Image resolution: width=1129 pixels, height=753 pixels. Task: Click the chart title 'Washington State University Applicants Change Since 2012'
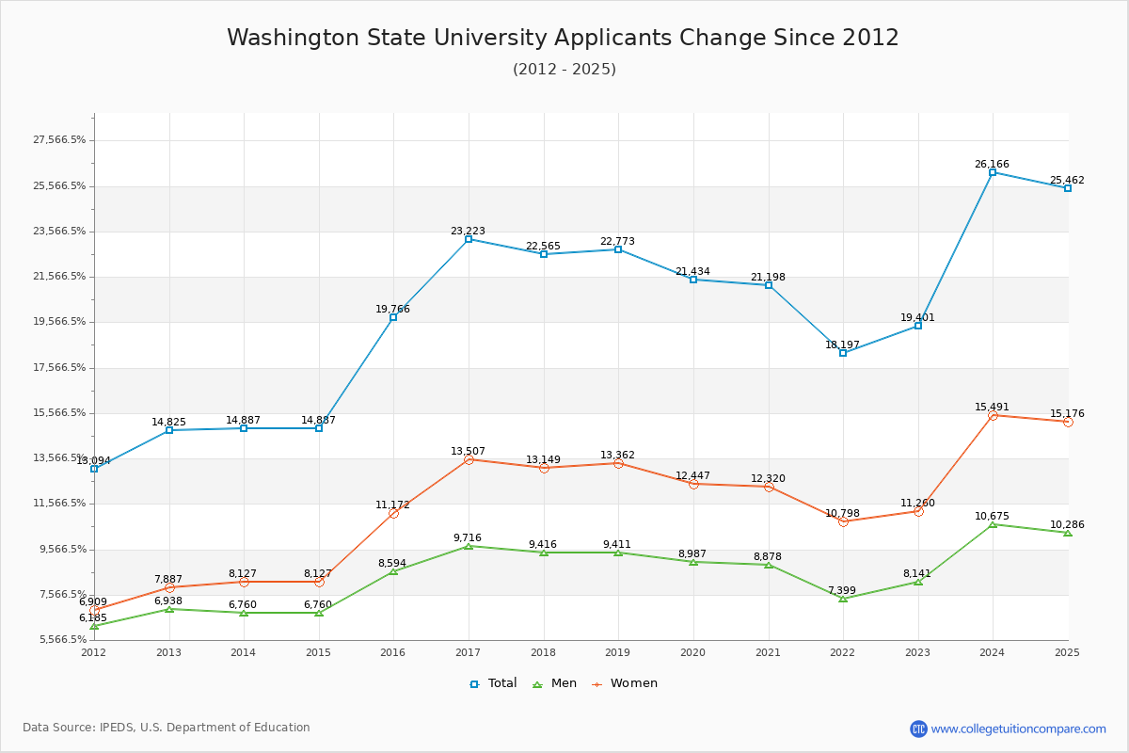[563, 38]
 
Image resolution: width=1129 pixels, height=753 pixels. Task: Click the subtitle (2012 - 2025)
[564, 69]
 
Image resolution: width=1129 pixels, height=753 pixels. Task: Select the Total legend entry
[493, 683]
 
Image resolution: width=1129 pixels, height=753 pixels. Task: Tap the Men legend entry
[555, 683]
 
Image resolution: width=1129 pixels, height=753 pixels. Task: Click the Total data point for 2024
[993, 172]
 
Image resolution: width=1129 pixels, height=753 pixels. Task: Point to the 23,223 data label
[468, 231]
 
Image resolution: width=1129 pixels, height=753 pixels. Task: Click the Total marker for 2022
[843, 353]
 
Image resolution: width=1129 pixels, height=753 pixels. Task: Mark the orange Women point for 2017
[469, 459]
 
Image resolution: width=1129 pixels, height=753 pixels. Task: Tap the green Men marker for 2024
[993, 524]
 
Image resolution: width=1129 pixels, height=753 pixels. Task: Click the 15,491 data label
[992, 407]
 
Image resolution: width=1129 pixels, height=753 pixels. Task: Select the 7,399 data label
[843, 590]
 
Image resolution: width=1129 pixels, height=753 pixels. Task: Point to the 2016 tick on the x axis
[393, 651]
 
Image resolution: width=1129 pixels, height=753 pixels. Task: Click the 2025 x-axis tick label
[1067, 651]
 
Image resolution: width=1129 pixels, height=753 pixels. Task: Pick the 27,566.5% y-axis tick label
[59, 140]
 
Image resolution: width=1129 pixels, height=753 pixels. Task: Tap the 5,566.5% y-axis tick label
[59, 640]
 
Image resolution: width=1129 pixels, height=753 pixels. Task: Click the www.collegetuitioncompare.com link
[1018, 729]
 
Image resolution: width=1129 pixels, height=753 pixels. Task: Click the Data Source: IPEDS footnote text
[167, 728]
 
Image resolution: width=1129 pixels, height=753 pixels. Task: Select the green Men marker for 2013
[169, 609]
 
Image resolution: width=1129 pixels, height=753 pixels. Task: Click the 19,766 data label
[392, 309]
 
